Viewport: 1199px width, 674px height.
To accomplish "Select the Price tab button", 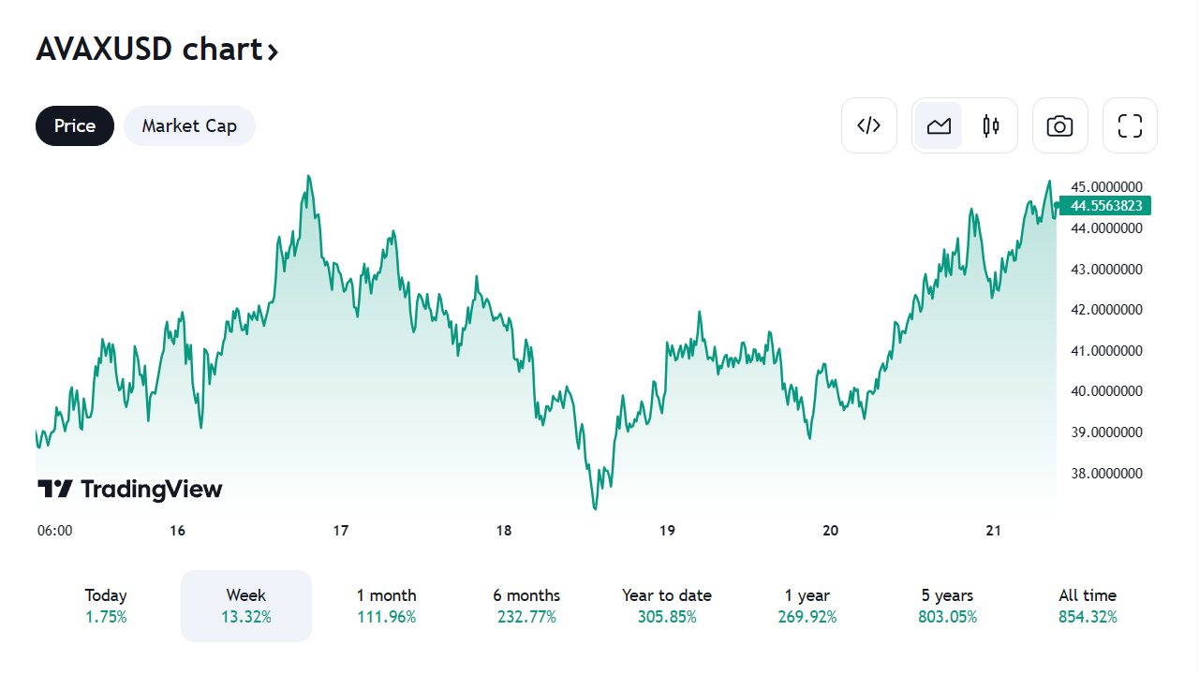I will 75,125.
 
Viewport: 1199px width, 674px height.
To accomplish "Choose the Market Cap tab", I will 189,125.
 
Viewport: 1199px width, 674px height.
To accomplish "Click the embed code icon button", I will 869,125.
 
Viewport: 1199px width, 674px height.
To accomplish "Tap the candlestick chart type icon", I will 991,125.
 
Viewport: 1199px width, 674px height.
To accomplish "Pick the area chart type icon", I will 939,125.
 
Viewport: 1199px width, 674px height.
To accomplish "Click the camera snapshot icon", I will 1059,125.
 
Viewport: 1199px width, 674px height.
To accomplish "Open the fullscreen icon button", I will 1130,125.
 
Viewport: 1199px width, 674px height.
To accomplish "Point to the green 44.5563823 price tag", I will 1106,206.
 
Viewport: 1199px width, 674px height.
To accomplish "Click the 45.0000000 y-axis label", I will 1106,187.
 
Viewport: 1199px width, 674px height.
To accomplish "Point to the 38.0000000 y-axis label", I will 1106,474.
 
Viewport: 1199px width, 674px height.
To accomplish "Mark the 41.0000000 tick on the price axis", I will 1106,351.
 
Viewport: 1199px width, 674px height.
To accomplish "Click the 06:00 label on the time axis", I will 54,531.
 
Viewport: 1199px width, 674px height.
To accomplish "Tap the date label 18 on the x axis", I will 504,531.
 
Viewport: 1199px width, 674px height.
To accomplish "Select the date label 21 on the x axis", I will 994,531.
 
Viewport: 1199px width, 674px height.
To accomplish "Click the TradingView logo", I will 130,489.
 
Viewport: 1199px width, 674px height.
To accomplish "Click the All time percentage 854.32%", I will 1088,617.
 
